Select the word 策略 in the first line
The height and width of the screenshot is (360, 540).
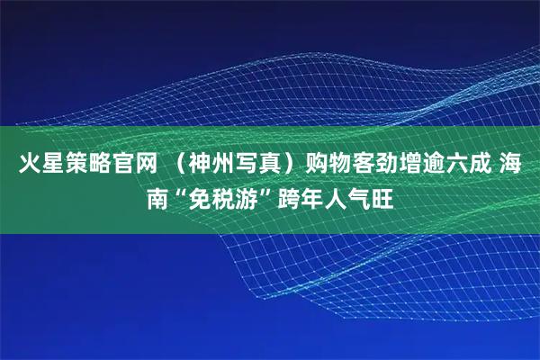click(85, 164)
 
